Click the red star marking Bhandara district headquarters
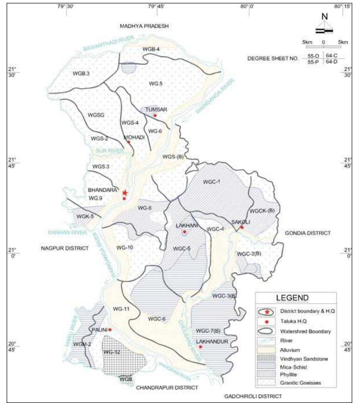pyautogui.click(x=125, y=193)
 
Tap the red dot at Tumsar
pyautogui.click(x=155, y=115)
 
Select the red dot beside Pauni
pyautogui.click(x=110, y=330)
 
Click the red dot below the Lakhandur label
pyautogui.click(x=201, y=347)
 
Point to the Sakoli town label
pyautogui.click(x=241, y=222)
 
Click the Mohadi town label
pyautogui.click(x=134, y=137)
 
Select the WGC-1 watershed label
pyautogui.click(x=211, y=182)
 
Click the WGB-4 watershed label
pyautogui.click(x=151, y=49)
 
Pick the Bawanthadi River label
pyautogui.click(x=109, y=44)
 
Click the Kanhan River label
pyautogui.click(x=67, y=232)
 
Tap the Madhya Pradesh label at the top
pyautogui.click(x=144, y=26)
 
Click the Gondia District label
pyautogui.click(x=307, y=233)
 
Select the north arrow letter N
pyautogui.click(x=324, y=17)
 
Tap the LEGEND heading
pyautogui.click(x=292, y=298)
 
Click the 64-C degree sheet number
pyautogui.click(x=332, y=56)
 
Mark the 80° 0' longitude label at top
pyautogui.click(x=247, y=6)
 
